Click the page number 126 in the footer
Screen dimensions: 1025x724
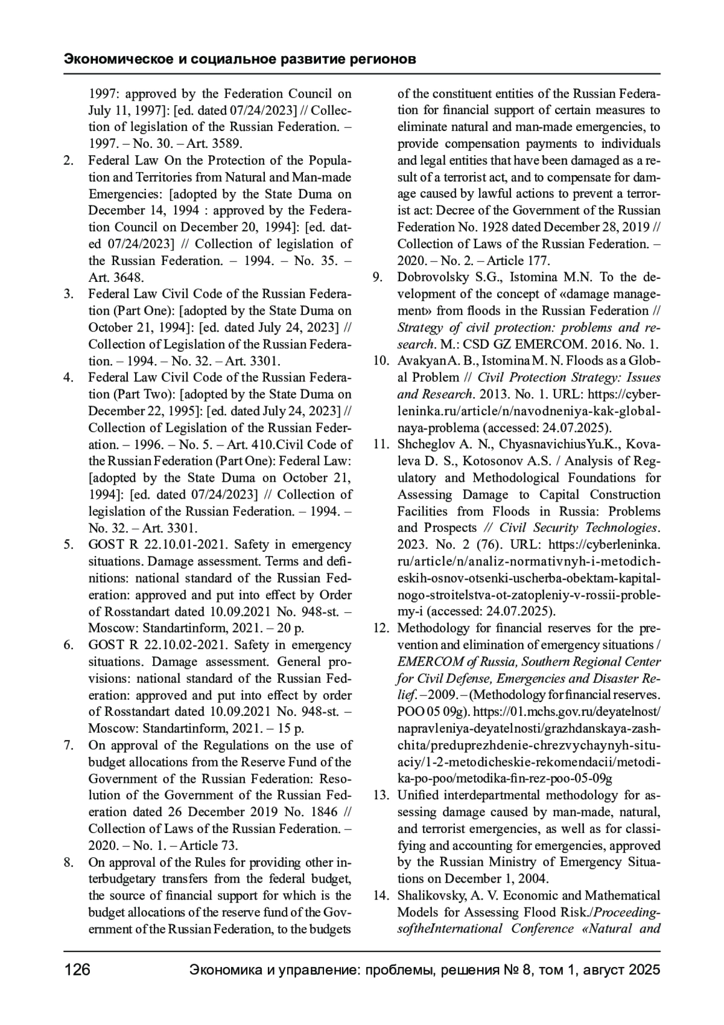[77, 970]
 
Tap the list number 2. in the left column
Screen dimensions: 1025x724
[69, 161]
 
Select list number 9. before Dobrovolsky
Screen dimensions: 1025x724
[378, 278]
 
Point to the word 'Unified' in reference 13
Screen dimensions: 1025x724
[418, 795]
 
